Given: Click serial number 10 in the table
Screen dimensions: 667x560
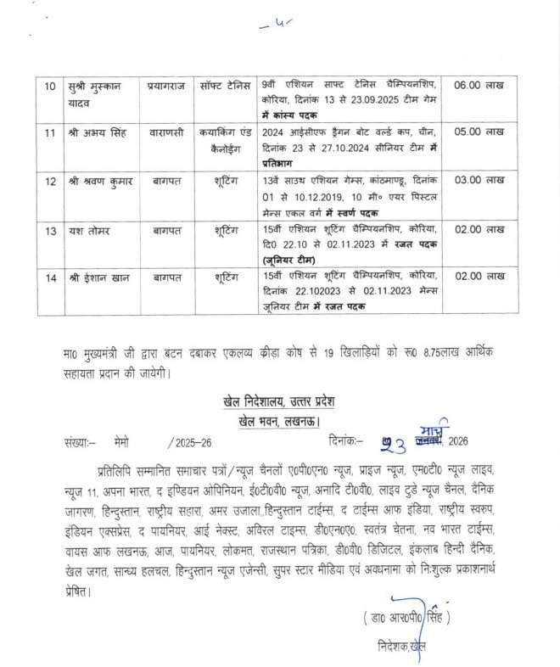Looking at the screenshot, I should tap(48, 86).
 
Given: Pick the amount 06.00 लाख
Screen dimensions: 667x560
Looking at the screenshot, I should tap(479, 86).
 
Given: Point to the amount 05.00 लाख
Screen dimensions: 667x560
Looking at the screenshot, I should tap(479, 133).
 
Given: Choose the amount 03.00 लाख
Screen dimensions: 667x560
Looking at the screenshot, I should tap(479, 181).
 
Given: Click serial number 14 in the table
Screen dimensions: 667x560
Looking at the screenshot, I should tap(48, 277).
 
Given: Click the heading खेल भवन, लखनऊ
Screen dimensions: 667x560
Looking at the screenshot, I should tap(284, 422).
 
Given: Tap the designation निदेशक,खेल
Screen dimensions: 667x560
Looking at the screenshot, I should tap(400, 647).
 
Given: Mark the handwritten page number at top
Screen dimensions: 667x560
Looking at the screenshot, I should tap(279, 25).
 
